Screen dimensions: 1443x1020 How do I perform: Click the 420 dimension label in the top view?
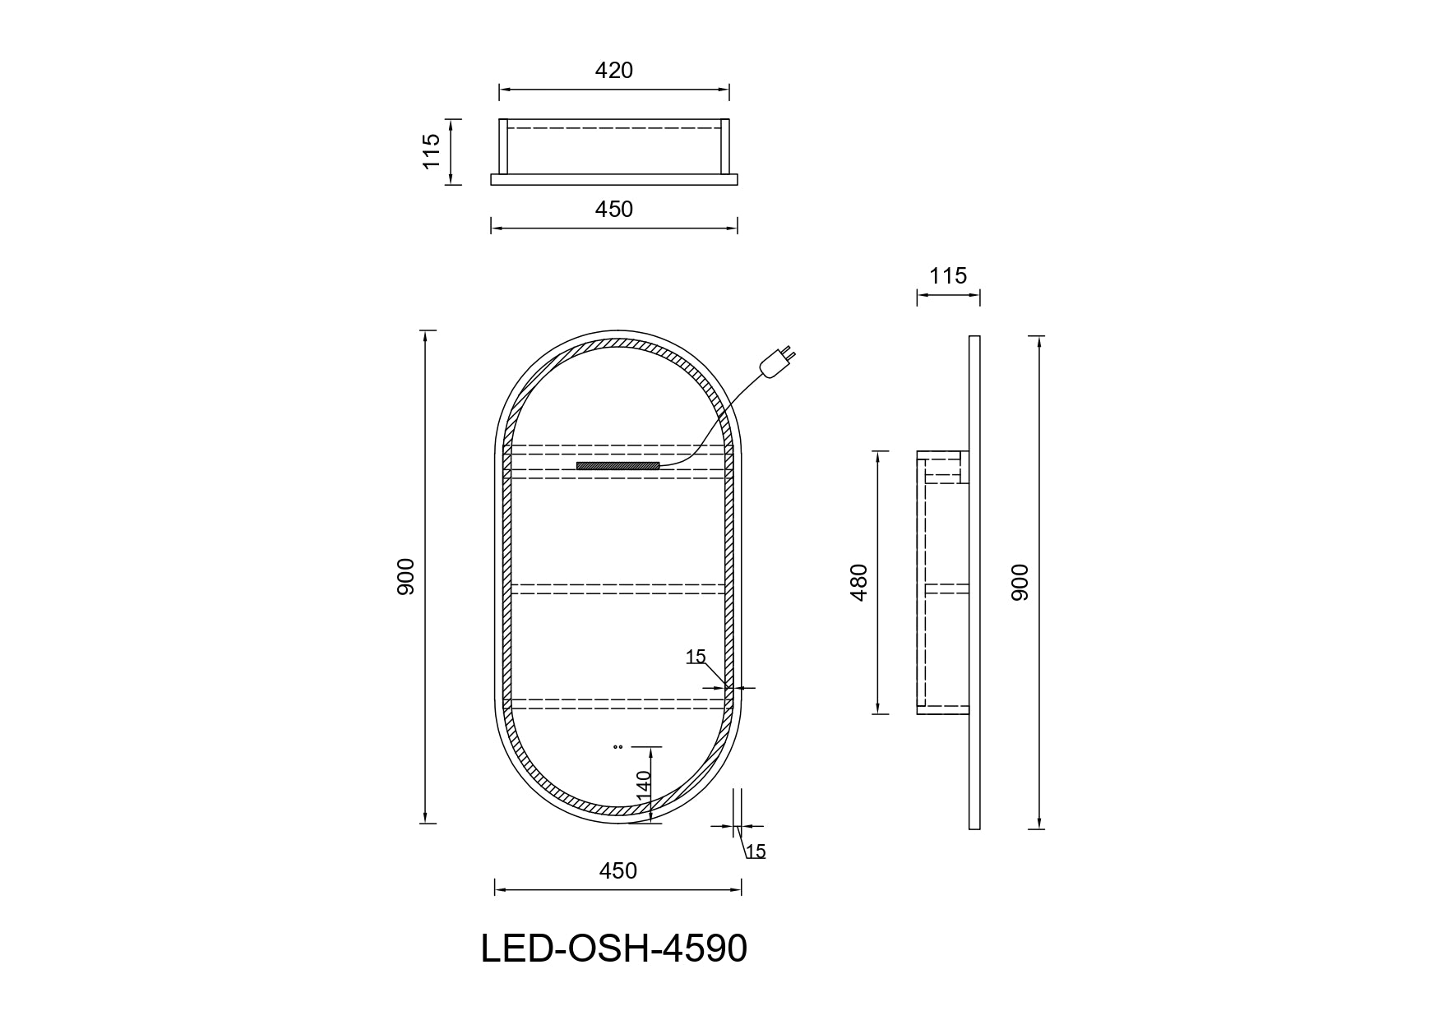pyautogui.click(x=614, y=71)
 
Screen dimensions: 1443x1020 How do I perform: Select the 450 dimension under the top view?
pyautogui.click(x=614, y=210)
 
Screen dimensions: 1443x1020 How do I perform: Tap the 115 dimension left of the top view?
pyautogui.click(x=432, y=151)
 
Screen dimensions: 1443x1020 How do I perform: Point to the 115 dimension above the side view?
pyautogui.click(x=948, y=276)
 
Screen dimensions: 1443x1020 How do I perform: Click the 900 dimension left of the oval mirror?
pyautogui.click(x=407, y=577)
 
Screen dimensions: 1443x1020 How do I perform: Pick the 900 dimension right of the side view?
pyautogui.click(x=1020, y=583)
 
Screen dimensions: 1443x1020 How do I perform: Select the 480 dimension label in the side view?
pyautogui.click(x=859, y=583)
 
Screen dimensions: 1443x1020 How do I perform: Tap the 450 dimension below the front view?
pyautogui.click(x=618, y=870)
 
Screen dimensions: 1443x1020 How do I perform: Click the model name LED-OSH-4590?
pyautogui.click(x=614, y=949)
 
